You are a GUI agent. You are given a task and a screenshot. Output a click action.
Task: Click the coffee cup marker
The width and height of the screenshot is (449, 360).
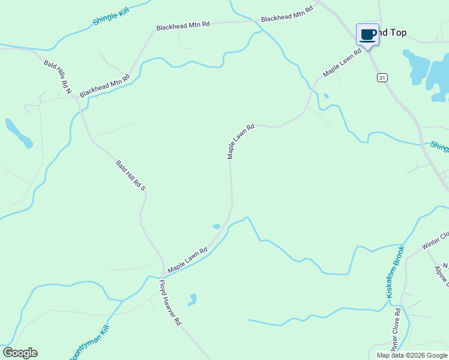point(367,34)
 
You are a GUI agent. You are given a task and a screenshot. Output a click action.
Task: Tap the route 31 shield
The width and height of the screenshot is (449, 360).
point(382,77)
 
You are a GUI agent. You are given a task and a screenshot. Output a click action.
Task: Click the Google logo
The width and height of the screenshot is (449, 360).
point(20,353)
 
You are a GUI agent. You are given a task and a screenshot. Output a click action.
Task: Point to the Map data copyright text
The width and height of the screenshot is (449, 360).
point(411,355)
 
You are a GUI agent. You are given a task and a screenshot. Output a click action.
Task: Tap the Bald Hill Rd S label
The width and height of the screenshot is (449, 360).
point(131,175)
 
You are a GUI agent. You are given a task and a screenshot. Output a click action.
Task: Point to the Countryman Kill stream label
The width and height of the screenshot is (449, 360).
point(88,344)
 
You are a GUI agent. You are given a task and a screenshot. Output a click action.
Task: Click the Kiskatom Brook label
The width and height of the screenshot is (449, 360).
point(396,271)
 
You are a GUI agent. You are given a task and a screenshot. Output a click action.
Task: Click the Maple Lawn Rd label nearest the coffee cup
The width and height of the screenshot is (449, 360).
point(343,62)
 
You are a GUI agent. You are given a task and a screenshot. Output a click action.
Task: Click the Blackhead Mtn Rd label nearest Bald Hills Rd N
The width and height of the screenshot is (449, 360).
point(104,86)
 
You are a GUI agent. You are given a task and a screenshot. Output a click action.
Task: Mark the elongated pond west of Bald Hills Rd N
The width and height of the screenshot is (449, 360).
point(18,133)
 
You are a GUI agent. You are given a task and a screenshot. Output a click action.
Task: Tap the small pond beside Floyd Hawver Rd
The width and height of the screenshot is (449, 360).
point(192,299)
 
